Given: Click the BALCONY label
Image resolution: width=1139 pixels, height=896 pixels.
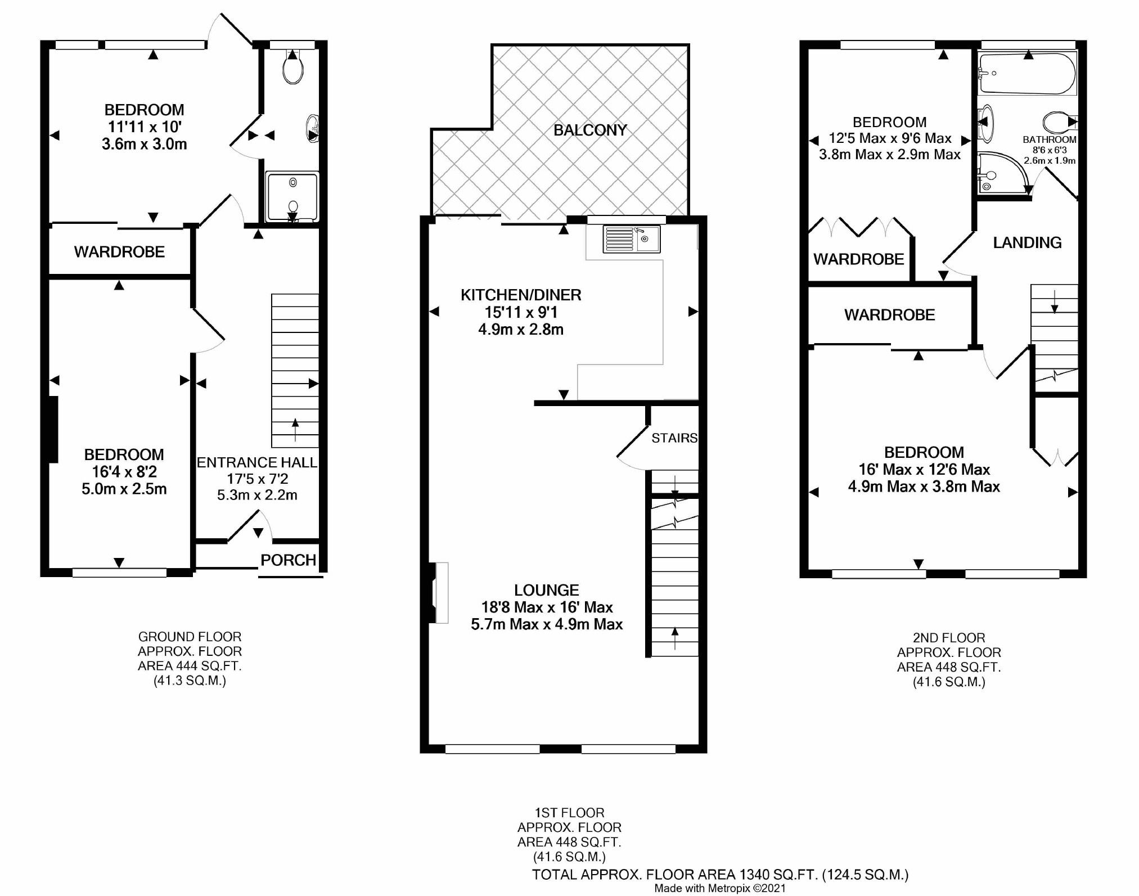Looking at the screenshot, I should click(x=589, y=130).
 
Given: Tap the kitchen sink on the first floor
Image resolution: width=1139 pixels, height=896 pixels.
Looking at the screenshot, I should click(x=632, y=239).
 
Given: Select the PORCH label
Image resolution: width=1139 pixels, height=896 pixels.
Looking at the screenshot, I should click(x=288, y=560).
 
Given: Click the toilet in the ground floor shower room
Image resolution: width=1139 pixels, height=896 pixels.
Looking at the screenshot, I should click(x=293, y=70).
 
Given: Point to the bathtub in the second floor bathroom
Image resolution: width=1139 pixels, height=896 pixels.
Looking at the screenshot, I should click(x=1027, y=74).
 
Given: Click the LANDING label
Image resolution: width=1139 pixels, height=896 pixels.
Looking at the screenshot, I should click(x=1027, y=243).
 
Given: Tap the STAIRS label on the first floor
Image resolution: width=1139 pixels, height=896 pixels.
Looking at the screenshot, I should click(x=674, y=438).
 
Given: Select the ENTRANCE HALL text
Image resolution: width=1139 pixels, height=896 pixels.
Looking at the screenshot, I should click(x=256, y=463).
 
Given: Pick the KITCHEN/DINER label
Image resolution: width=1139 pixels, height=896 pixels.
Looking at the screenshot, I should click(x=521, y=295).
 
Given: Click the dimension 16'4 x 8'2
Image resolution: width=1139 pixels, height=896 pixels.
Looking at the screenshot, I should click(x=124, y=472).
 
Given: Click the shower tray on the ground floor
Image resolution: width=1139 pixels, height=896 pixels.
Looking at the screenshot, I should click(x=292, y=197).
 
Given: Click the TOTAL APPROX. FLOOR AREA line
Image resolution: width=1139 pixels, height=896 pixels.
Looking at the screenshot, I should click(x=720, y=875).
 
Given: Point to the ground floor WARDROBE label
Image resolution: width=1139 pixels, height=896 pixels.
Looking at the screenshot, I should click(x=119, y=252).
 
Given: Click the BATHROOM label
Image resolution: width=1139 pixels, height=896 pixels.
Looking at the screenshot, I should click(x=1049, y=139).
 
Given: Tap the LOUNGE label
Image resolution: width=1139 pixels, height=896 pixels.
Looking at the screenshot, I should click(x=546, y=590).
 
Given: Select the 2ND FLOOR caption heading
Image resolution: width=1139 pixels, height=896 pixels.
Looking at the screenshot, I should click(x=948, y=638).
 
